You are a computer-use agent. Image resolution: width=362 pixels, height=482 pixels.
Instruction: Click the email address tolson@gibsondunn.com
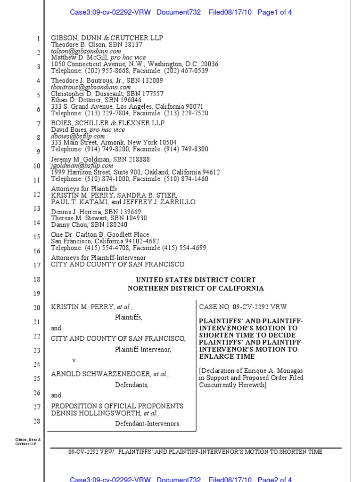(x=86, y=51)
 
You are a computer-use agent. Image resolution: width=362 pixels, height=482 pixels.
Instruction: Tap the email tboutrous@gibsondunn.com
(x=91, y=87)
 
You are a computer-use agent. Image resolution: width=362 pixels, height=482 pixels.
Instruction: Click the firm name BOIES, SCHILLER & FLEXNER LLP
(x=108, y=123)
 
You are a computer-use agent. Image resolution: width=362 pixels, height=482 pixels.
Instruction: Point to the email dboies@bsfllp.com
(x=78, y=137)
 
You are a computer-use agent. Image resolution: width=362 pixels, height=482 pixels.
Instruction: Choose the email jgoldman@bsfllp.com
(x=82, y=166)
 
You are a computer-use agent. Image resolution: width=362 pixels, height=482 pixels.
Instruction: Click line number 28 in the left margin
(x=37, y=421)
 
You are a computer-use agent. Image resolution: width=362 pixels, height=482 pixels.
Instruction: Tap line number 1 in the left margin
(x=39, y=38)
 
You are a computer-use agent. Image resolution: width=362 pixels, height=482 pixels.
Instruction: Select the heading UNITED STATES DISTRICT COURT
(x=196, y=280)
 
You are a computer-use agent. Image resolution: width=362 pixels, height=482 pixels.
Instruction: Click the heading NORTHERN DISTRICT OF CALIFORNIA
(x=196, y=289)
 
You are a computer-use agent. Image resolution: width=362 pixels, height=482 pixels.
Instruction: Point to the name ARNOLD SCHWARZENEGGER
(x=101, y=374)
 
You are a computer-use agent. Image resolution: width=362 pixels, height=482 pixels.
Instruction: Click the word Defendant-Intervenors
(x=148, y=424)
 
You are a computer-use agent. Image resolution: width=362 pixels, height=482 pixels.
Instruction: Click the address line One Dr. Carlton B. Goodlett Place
(x=100, y=234)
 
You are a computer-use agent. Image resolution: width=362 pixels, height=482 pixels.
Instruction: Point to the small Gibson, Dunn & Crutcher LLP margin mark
(x=28, y=442)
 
